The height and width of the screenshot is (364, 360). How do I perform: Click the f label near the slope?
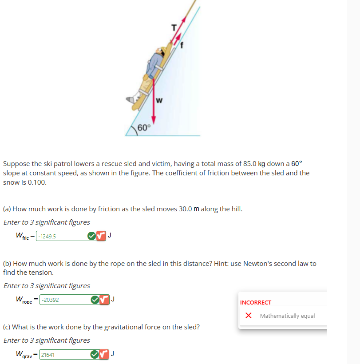pos(181,44)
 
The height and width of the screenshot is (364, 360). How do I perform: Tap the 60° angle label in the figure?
pos(144,128)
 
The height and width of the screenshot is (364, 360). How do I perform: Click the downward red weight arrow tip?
pos(154,121)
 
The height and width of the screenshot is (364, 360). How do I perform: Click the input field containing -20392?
pos(64,300)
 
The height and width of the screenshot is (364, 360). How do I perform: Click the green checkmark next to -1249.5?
pos(91,236)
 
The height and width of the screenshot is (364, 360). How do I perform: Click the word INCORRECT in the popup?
pos(255,302)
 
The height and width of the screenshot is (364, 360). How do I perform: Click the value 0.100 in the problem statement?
pos(37,182)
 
